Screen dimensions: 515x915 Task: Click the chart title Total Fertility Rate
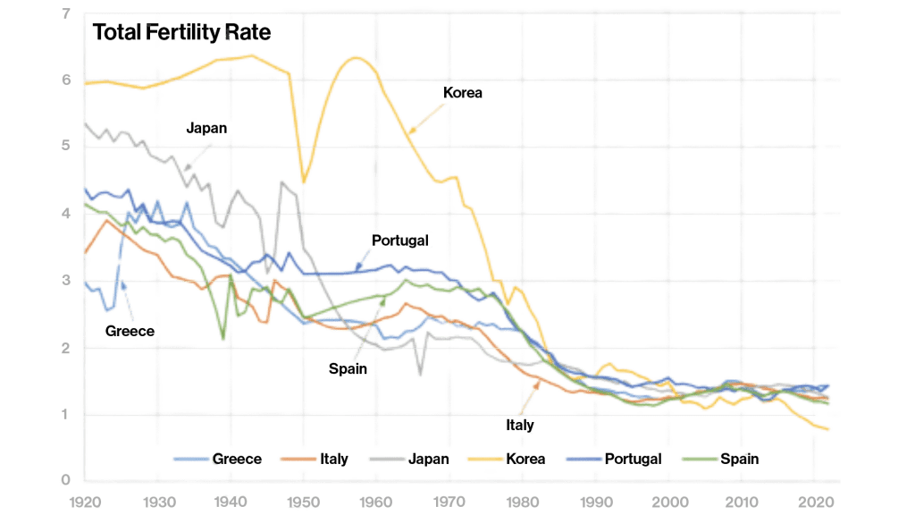pyautogui.click(x=181, y=33)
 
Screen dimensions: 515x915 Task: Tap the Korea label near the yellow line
pyautogui.click(x=462, y=92)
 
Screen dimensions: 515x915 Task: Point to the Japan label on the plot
pyautogui.click(x=206, y=128)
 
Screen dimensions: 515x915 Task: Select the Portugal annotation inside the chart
pyautogui.click(x=400, y=241)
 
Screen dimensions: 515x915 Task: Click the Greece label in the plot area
pyautogui.click(x=130, y=330)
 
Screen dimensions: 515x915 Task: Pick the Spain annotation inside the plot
pyautogui.click(x=348, y=367)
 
